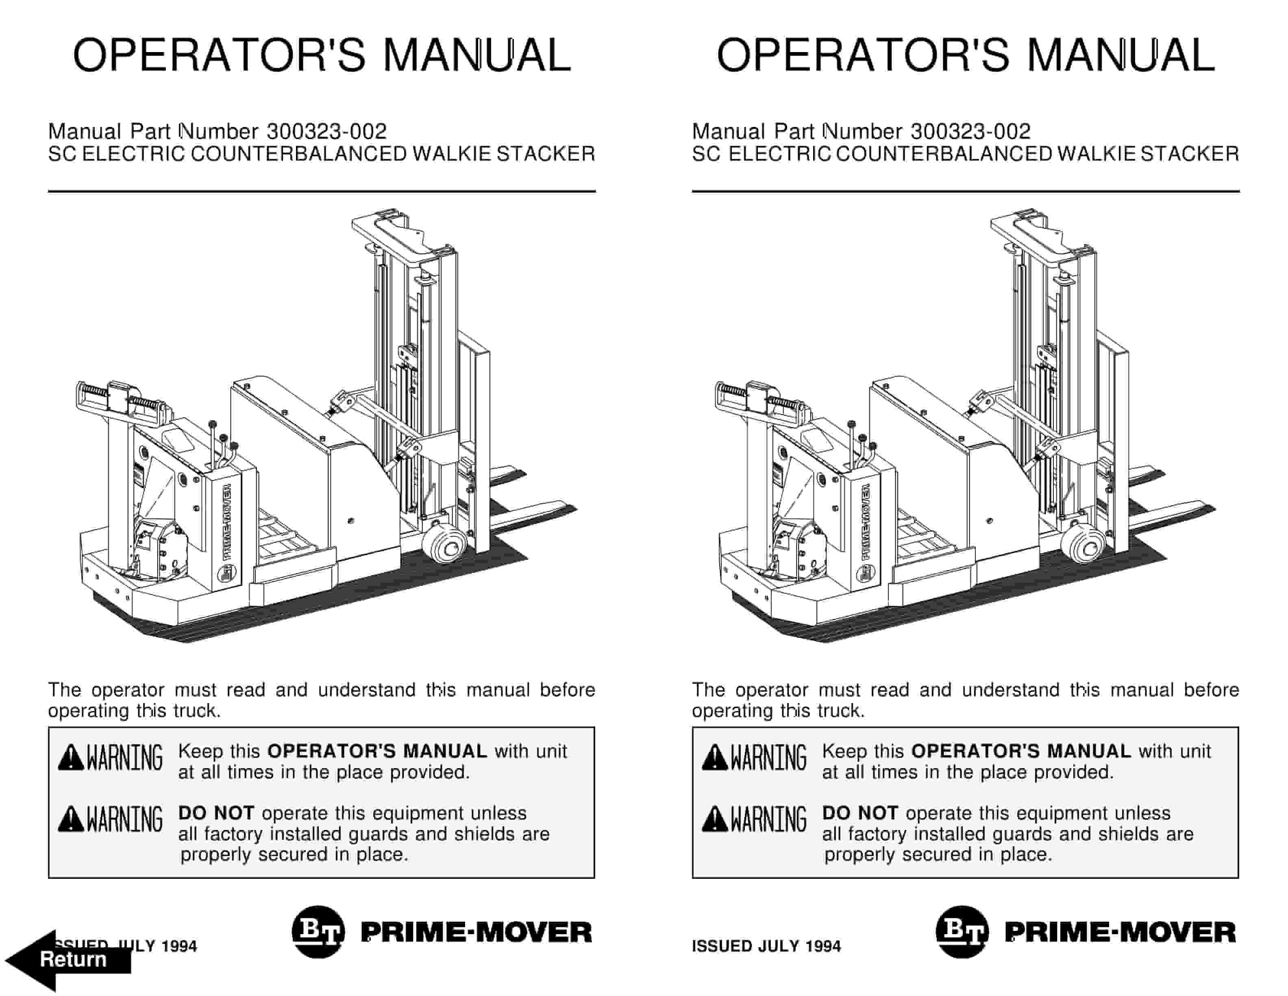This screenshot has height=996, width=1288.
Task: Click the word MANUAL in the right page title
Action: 1120,55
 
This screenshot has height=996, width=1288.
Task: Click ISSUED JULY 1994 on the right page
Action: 766,946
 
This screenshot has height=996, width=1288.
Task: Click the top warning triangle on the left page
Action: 71,758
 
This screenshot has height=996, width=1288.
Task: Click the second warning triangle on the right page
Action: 715,819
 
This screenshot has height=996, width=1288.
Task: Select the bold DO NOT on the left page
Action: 216,813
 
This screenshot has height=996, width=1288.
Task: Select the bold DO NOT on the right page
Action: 860,813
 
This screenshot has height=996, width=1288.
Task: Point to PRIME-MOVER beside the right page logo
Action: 1120,932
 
